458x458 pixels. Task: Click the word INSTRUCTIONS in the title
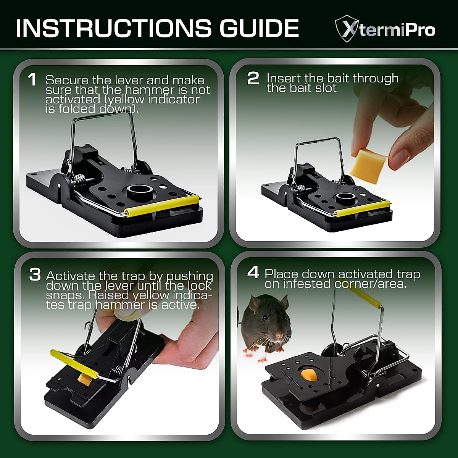(x=113, y=27)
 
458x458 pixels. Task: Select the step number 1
(x=32, y=80)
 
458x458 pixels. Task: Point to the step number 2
(x=253, y=79)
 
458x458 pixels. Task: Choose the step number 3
(x=35, y=274)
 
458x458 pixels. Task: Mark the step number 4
(x=253, y=273)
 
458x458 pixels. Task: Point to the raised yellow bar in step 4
(x=362, y=296)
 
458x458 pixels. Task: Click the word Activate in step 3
(x=71, y=276)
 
